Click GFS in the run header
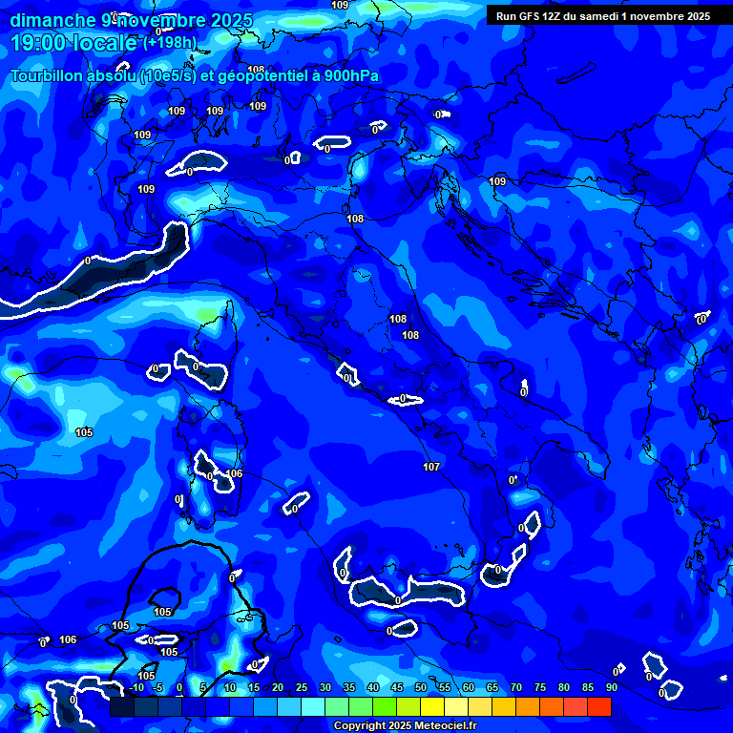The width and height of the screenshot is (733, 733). tap(532, 16)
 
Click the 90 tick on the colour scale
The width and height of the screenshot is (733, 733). tap(611, 687)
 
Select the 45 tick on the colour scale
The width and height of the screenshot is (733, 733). tap(396, 687)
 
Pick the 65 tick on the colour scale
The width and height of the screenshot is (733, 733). tap(492, 687)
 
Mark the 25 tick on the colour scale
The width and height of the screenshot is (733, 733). tap(301, 687)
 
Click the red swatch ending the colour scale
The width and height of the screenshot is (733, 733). tap(599, 706)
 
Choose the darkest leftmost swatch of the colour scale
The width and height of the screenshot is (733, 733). tap(122, 706)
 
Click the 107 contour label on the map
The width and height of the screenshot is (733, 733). tap(430, 467)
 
